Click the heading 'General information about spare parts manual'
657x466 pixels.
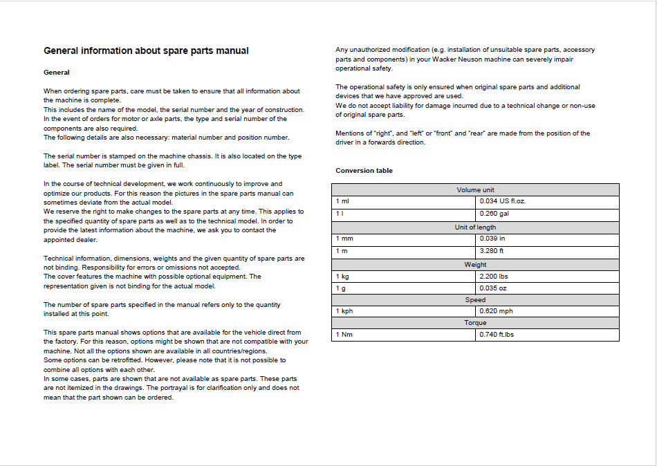click(146, 50)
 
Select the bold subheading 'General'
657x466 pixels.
click(57, 72)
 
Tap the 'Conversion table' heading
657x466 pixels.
click(364, 170)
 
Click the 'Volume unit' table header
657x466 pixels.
click(475, 189)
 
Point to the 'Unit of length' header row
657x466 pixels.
click(475, 227)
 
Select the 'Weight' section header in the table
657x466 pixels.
click(475, 264)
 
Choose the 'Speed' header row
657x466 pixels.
click(475, 300)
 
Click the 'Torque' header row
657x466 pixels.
click(475, 323)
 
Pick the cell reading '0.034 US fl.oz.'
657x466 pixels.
click(503, 201)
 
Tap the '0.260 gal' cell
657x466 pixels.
click(494, 214)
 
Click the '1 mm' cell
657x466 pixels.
click(344, 239)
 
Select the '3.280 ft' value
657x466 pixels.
click(492, 251)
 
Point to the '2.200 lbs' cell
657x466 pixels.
click(494, 276)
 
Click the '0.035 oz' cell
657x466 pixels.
click(493, 288)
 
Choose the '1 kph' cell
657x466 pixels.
click(344, 311)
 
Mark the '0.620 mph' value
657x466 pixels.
click(496, 311)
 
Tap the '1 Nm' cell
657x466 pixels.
click(344, 335)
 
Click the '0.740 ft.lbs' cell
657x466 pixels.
click(497, 335)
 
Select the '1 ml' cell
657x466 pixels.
click(343, 201)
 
